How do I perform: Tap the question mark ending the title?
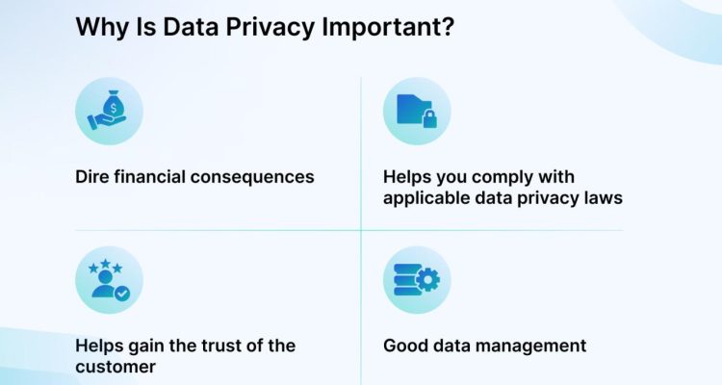pyautogui.click(x=449, y=27)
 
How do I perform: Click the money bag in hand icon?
pyautogui.click(x=109, y=112)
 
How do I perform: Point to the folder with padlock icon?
pyautogui.click(x=417, y=112)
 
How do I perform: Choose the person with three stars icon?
pyautogui.click(x=109, y=279)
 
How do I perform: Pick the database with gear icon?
pyautogui.click(x=417, y=280)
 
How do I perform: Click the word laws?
pyautogui.click(x=604, y=199)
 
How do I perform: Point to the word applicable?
pyautogui.click(x=425, y=199)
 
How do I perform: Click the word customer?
pyautogui.click(x=114, y=367)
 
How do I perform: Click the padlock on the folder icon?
pyautogui.click(x=429, y=120)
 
